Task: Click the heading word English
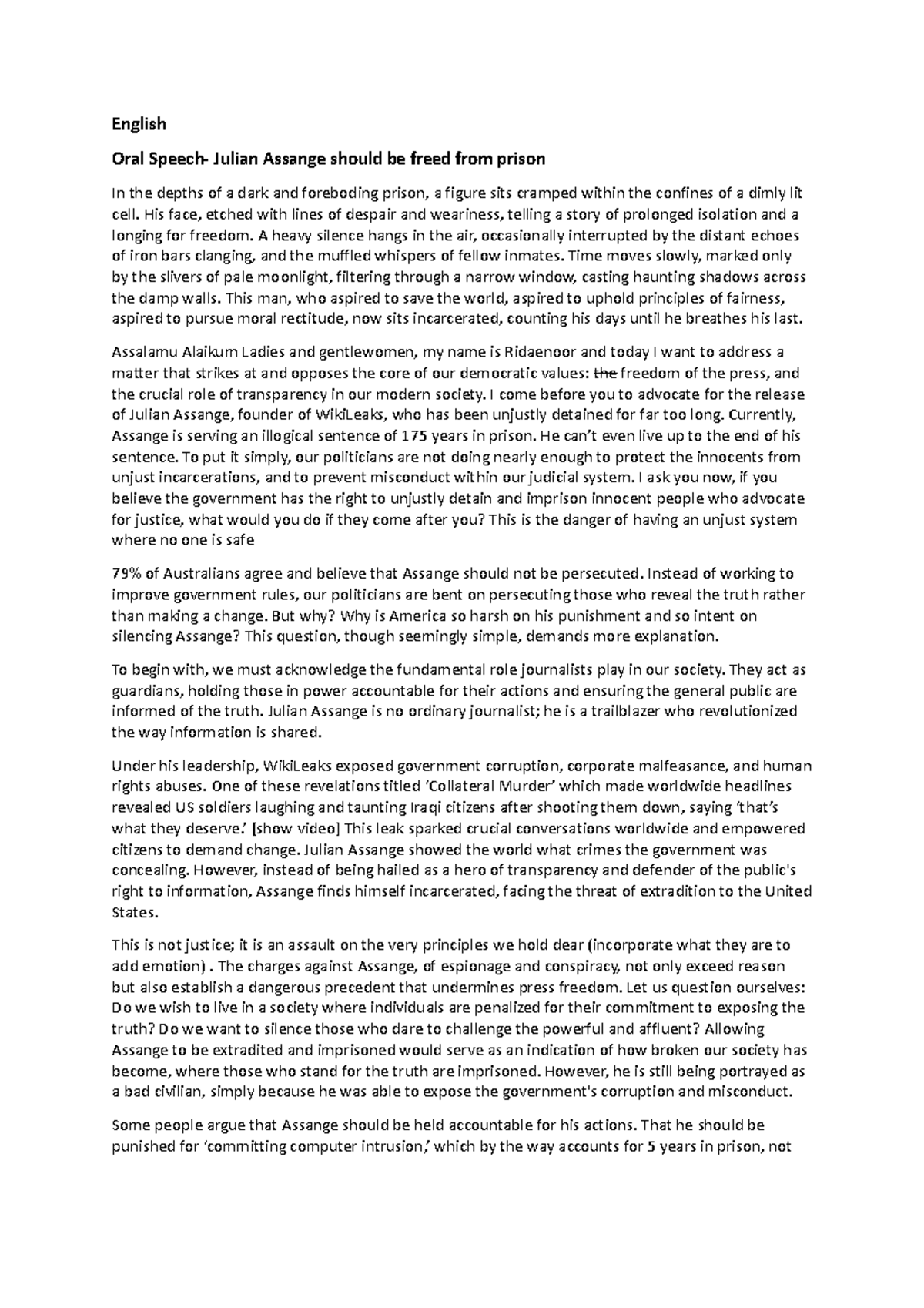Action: pos(139,123)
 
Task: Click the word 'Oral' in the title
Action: pos(128,159)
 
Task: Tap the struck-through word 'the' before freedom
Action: pos(608,374)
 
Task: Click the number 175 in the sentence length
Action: pos(410,436)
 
